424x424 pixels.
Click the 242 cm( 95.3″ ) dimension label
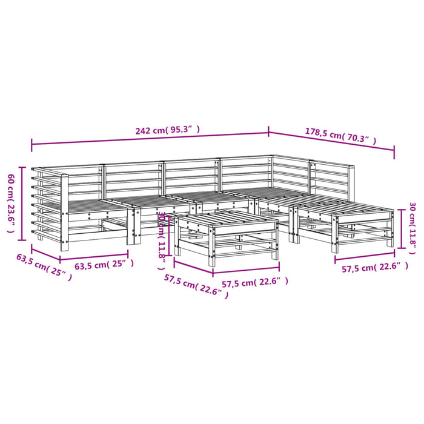pos(167,130)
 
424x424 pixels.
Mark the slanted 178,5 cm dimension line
pos(331,144)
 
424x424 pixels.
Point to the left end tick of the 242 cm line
pos(31,144)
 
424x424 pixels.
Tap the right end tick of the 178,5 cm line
pos(394,153)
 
